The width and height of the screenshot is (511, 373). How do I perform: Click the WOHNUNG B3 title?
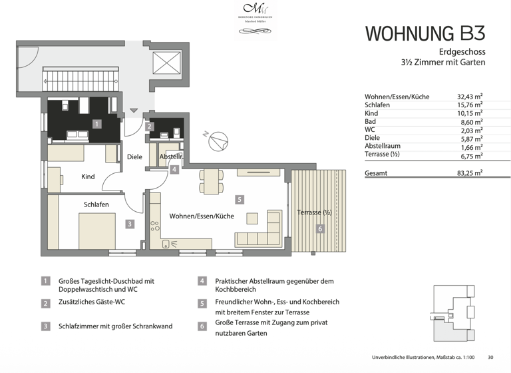coord(425,33)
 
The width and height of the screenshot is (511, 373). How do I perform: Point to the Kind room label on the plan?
coord(88,177)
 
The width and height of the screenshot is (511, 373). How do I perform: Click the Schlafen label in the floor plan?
coord(96,204)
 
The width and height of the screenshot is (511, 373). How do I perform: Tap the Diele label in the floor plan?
coord(135,157)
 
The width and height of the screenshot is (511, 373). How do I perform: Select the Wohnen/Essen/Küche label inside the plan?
coord(201,216)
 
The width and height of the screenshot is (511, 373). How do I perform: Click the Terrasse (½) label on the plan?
coord(313,212)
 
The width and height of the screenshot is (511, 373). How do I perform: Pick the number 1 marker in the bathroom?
coord(96,124)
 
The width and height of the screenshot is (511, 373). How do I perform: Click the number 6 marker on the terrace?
coord(319,229)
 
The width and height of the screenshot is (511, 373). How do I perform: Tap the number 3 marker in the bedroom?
coord(130,224)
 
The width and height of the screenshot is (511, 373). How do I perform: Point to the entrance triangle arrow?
coord(134,111)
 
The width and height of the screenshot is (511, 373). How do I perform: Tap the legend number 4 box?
coord(202,282)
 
